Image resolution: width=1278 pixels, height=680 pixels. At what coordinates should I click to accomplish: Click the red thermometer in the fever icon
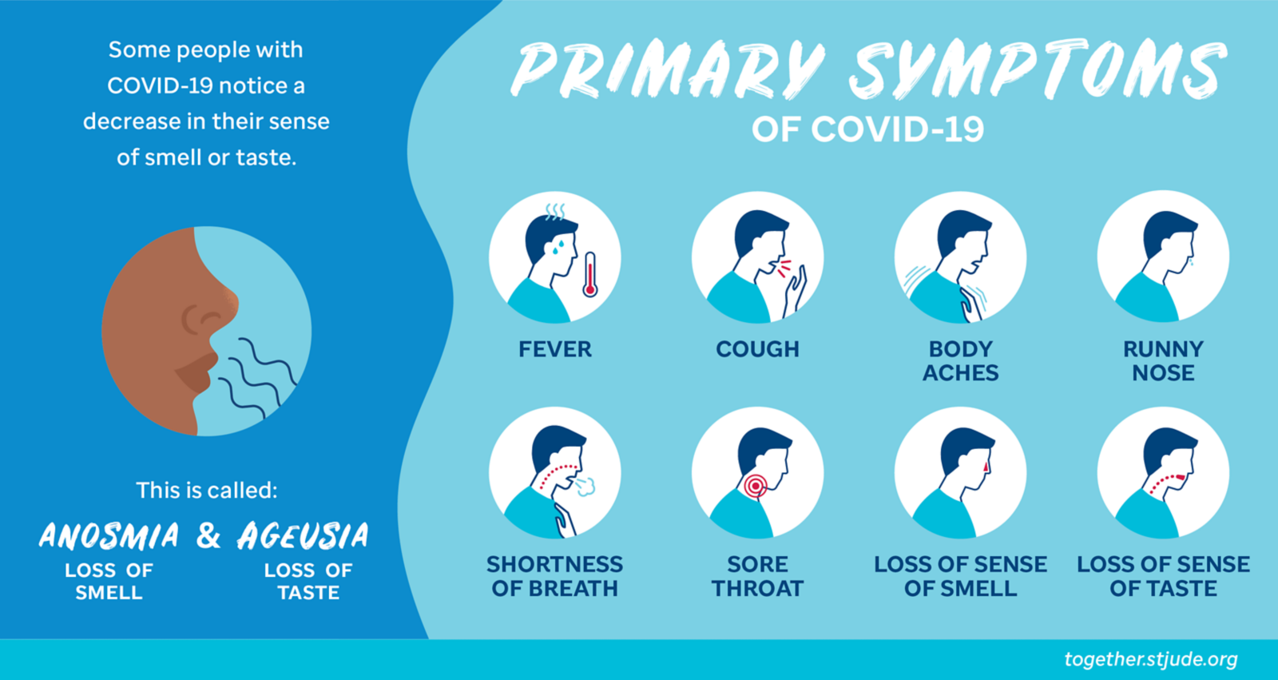pos(590,275)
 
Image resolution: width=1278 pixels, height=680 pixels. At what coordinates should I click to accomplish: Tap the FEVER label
pos(555,349)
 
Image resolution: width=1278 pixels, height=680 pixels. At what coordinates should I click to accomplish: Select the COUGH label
pos(758,349)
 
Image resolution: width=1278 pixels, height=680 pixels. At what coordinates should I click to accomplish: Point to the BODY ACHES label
pos(961,361)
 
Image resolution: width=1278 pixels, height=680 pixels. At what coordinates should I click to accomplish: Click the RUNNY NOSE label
pos(1163,361)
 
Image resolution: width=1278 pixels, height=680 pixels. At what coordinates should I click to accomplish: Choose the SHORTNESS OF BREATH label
pos(554,576)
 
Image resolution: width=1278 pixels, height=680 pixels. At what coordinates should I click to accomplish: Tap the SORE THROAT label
pos(758,576)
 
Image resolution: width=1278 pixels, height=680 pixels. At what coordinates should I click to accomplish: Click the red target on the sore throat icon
pos(756,486)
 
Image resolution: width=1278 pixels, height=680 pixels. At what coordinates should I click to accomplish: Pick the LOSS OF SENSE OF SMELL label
pos(961,576)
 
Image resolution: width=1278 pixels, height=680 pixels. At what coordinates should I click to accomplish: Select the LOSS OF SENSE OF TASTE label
pos(1163,576)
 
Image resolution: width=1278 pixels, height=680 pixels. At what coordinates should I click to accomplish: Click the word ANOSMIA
pos(109,535)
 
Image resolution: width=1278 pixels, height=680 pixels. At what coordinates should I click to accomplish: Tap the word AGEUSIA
pos(303,535)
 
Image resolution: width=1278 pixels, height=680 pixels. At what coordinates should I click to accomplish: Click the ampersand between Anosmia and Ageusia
pos(208,535)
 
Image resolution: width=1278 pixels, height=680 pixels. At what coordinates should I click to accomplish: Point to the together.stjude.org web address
pos(1151,659)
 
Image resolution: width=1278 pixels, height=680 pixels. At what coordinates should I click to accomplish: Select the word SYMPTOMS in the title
pos(1038,69)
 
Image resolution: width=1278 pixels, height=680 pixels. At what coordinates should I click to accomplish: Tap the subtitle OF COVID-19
pos(867,129)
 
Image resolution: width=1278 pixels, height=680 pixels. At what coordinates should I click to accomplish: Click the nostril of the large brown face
pos(210,317)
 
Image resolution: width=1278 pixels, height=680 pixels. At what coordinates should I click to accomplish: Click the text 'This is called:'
pos(207,490)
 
